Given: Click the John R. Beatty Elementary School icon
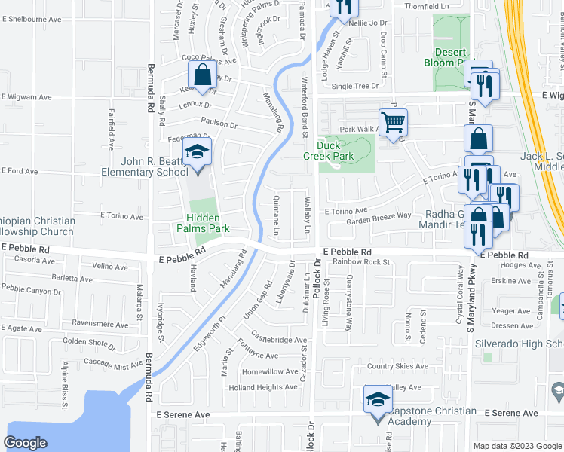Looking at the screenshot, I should pyautogui.click(x=198, y=152).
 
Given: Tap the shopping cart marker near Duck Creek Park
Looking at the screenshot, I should pyautogui.click(x=393, y=121).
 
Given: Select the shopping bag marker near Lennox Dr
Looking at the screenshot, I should pyautogui.click(x=202, y=75).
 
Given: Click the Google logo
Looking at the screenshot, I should pyautogui.click(x=26, y=442).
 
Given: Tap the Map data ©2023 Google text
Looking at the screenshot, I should pyautogui.click(x=516, y=445).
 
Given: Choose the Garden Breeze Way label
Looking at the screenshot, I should pyautogui.click(x=379, y=215).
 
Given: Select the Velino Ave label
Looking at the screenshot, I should pyautogui.click(x=110, y=267).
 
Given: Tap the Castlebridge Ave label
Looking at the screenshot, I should pyautogui.click(x=280, y=341).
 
